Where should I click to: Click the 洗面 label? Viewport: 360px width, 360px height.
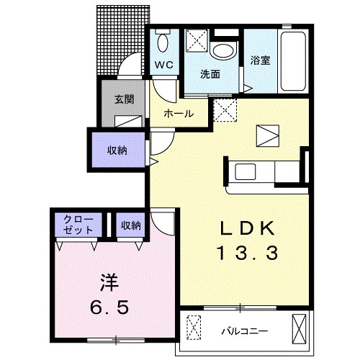pos(210,73)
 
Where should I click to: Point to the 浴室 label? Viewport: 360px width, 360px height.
pos(261,60)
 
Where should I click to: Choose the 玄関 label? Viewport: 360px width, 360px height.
pos(124,100)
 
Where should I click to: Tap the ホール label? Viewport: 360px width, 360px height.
pos(177,114)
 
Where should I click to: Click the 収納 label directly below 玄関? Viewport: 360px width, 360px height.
pos(118,150)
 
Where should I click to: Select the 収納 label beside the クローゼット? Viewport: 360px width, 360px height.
pos(131,225)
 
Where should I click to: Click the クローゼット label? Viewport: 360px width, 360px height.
pos(78,225)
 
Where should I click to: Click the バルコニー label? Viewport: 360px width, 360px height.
pos(244,331)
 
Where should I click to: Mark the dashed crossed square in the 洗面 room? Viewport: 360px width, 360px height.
pos(195,41)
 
